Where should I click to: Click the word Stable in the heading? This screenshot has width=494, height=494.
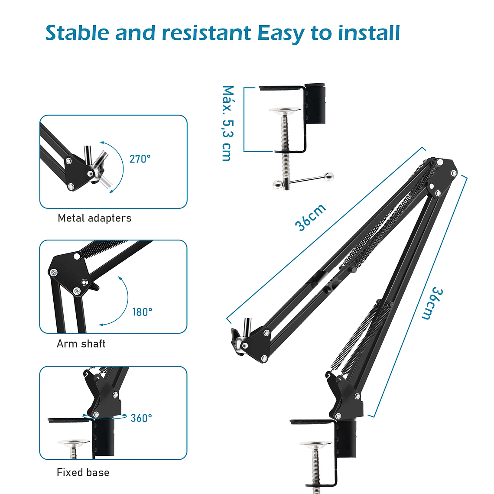click(77, 33)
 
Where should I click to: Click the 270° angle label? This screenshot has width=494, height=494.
click(140, 159)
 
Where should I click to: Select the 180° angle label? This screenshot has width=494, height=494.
click(142, 312)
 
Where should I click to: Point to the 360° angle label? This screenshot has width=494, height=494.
click(141, 418)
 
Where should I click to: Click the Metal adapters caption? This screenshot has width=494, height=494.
click(94, 218)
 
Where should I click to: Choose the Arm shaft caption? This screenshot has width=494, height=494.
click(81, 344)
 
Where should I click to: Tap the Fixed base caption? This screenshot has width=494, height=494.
click(83, 472)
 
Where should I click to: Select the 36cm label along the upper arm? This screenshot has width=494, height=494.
click(310, 218)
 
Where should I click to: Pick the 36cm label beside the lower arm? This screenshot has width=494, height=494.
click(432, 303)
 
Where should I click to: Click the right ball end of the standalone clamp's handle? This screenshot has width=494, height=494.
click(329, 176)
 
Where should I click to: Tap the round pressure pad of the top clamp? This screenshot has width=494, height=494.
click(285, 110)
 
